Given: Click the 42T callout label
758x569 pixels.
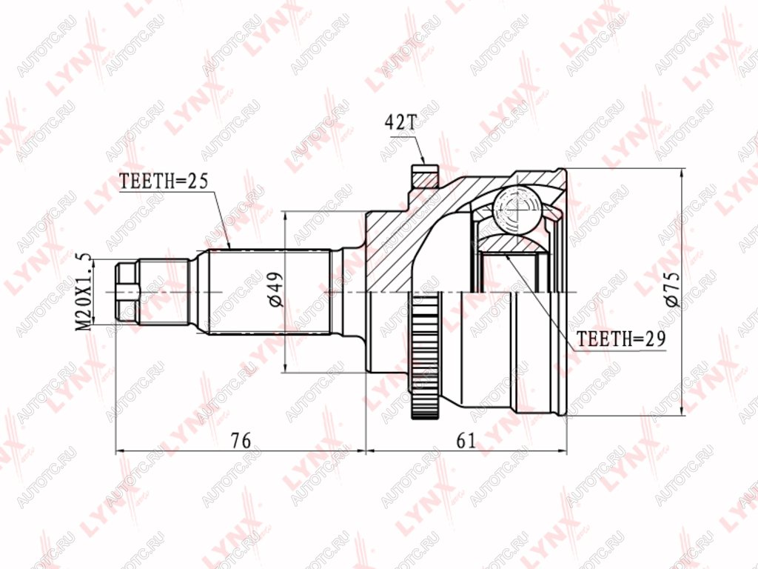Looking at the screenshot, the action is click(400, 123).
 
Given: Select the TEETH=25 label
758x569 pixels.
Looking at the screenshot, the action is click(163, 181).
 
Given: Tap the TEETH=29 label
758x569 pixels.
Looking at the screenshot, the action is click(622, 339).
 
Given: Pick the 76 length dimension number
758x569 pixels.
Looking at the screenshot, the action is click(241, 440).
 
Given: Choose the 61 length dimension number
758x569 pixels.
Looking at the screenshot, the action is click(466, 440).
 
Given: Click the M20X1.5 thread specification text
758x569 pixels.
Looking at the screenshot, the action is click(84, 292).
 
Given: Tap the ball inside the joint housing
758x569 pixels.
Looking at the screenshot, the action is click(517, 210).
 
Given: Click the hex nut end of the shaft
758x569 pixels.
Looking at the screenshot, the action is click(128, 292).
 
